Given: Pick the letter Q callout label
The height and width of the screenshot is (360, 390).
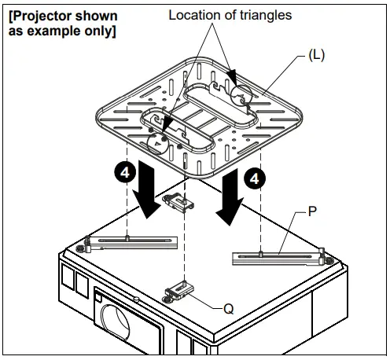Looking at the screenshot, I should [229, 309].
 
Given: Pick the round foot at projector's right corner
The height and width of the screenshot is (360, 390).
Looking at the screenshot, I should [328, 259].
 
